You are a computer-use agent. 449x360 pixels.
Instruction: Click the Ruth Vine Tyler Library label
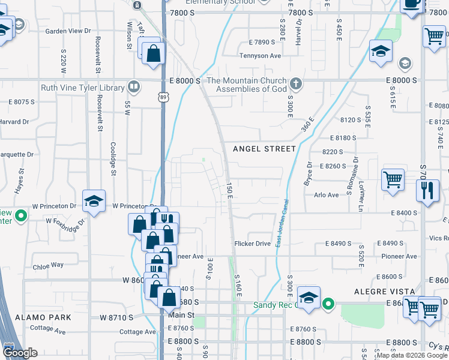tap(82, 88)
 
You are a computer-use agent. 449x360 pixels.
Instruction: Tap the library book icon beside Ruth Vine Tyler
tap(133, 87)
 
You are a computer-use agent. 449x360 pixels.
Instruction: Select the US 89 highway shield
tap(163, 97)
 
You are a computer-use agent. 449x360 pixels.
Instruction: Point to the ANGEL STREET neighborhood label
tap(264, 149)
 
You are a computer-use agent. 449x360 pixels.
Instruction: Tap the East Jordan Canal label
tap(280, 222)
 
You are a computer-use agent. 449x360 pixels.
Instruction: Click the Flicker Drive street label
tap(253, 244)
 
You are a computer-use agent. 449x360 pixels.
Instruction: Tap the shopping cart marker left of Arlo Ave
tap(393, 179)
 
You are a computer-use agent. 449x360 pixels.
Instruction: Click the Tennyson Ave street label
tap(261, 56)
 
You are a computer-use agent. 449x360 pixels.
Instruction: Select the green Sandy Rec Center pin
tap(328, 304)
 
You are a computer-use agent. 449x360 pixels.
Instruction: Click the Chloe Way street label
tap(49, 265)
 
